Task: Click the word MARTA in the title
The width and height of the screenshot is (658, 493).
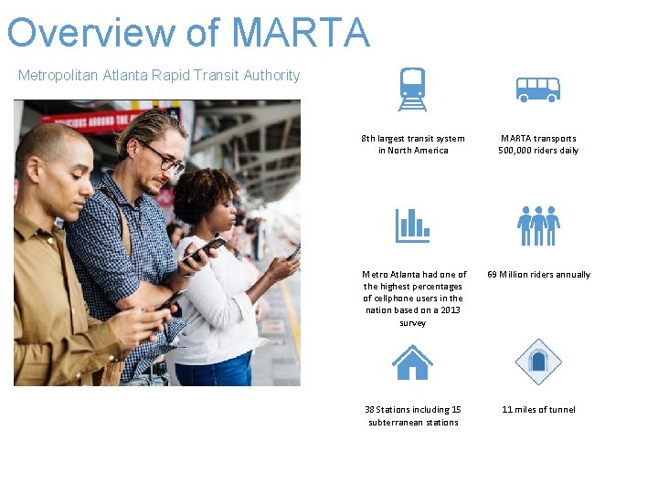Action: [x=301, y=32]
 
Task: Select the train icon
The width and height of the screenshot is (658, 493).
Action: [x=412, y=89]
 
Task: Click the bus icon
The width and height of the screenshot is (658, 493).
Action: [x=537, y=89]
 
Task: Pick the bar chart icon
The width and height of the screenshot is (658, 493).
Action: [x=412, y=226]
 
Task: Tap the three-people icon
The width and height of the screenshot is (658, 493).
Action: [x=537, y=226]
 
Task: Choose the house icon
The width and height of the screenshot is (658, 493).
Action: [x=412, y=362]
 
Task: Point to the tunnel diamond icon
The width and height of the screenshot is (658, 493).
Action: [x=537, y=362]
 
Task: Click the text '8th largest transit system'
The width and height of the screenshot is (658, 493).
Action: [x=413, y=139]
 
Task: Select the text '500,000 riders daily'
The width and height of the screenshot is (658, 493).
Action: [x=537, y=151]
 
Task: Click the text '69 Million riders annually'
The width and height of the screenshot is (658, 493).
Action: [x=538, y=274]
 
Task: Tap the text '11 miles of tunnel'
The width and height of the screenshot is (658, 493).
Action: [x=538, y=409]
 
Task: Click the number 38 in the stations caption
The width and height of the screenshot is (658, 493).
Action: [x=370, y=409]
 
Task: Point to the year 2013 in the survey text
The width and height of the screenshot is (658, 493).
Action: [x=451, y=310]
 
